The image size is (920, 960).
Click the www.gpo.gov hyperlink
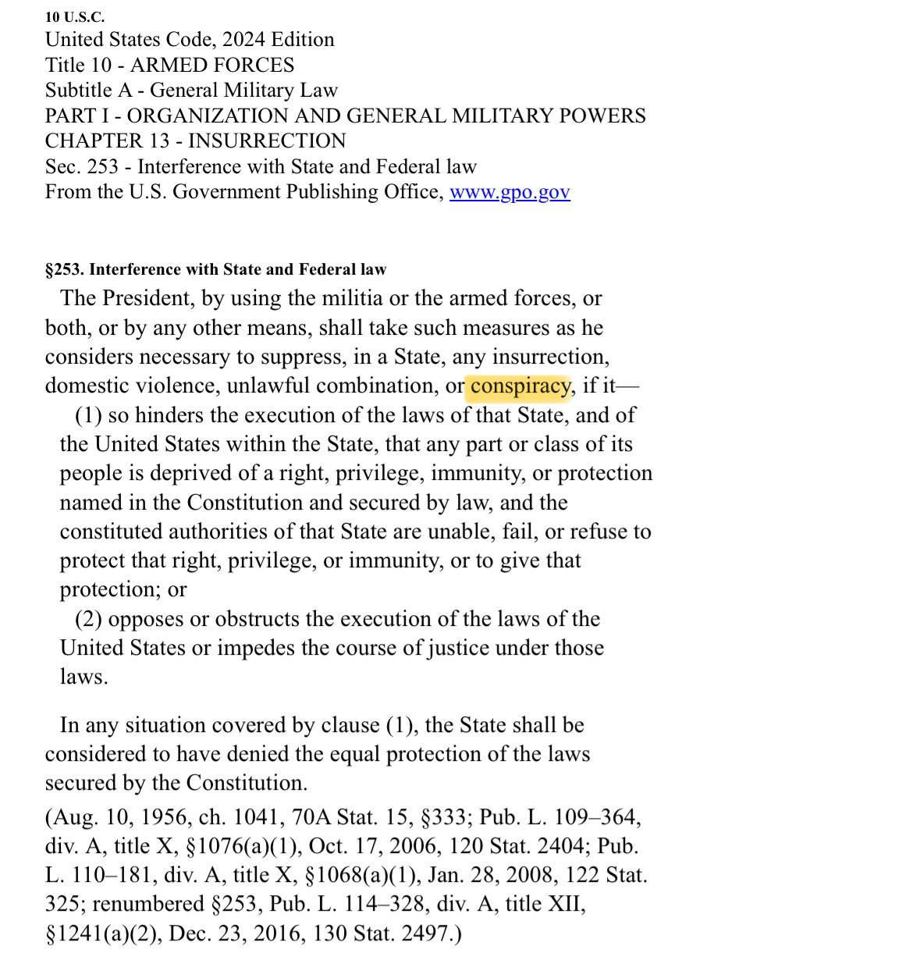pos(510,192)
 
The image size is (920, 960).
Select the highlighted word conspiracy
pos(520,386)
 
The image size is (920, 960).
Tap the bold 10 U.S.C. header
pos(75,16)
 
